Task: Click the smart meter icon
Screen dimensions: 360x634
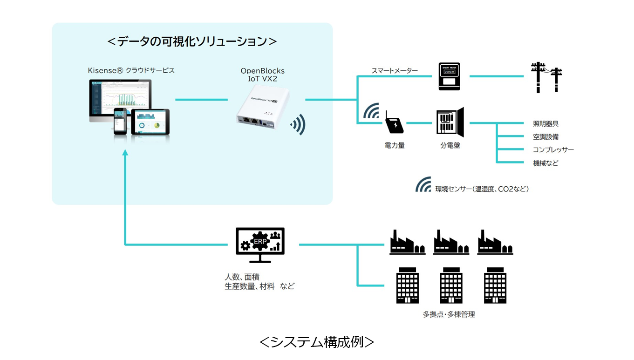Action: [449, 76]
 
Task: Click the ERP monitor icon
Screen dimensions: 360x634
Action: [260, 245]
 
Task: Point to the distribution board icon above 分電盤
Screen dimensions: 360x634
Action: [450, 122]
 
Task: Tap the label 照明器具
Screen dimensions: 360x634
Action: [545, 124]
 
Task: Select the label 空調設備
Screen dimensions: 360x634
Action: [545, 137]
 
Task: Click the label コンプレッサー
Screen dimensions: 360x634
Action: [553, 150]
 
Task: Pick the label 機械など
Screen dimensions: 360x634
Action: [545, 163]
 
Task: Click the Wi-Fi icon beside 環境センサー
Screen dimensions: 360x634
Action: [423, 185]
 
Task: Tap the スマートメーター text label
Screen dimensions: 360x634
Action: [394, 71]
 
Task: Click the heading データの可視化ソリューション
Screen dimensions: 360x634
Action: [192, 41]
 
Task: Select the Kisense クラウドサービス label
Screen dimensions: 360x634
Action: [131, 70]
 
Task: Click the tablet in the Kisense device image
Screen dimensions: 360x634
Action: [150, 122]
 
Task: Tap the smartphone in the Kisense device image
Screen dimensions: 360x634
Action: [121, 122]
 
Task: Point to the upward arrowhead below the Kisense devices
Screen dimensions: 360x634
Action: [125, 153]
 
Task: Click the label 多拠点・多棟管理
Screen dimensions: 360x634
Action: [449, 314]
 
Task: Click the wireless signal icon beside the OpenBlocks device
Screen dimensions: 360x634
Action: [299, 124]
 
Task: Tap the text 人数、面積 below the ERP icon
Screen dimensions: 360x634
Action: [242, 277]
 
